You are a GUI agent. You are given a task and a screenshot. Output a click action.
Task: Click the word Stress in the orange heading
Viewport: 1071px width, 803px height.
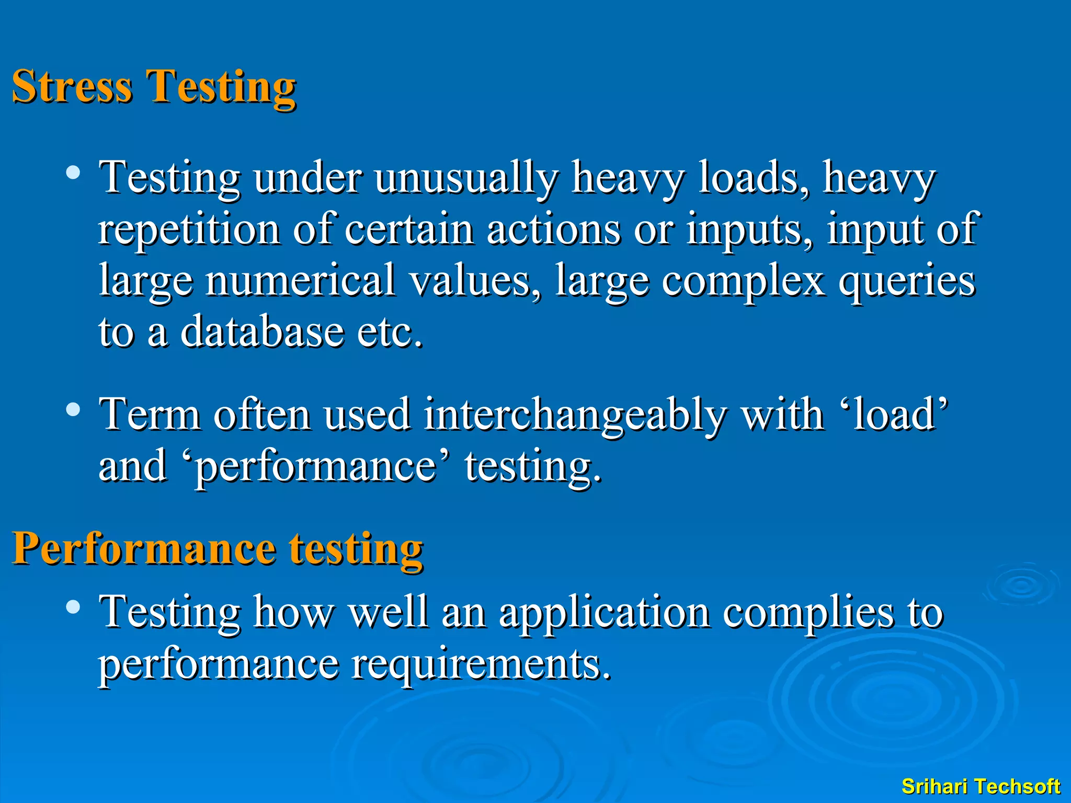click(x=72, y=86)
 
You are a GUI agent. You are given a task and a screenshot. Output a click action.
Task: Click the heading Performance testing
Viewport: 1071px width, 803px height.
click(x=217, y=549)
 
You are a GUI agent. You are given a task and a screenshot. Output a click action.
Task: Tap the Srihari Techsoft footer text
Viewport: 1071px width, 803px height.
click(x=981, y=786)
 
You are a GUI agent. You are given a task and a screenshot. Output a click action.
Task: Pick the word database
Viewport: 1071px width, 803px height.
click(x=261, y=331)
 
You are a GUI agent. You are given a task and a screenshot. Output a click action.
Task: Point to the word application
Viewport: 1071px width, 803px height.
click(x=604, y=613)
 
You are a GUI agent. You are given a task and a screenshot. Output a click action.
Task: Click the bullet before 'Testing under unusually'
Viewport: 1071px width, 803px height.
click(x=73, y=173)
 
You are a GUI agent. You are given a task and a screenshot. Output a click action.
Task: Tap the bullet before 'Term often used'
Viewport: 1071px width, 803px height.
click(x=73, y=409)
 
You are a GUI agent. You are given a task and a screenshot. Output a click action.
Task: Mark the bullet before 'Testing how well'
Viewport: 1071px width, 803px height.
click(x=73, y=607)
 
